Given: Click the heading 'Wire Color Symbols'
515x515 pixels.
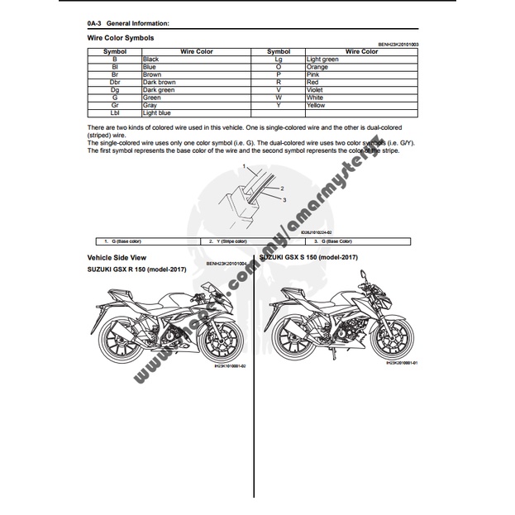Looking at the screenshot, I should coord(120,38).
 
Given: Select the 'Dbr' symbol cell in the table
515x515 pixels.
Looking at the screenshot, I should coord(114,82).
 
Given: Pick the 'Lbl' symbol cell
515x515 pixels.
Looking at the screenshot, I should coord(114,112).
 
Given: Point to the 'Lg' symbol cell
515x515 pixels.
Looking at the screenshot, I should coord(279,60).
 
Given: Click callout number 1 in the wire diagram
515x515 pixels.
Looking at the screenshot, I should coord(245,167).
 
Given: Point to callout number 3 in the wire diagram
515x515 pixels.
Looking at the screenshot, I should coord(284,199).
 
